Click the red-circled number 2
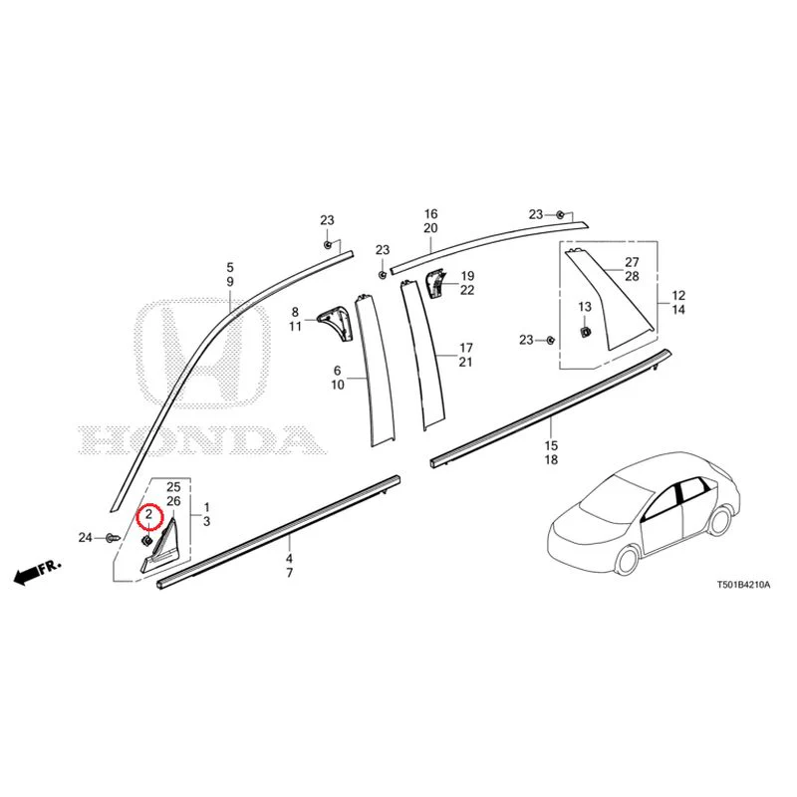click(148, 514)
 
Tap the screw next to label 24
click(113, 537)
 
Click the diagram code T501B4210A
click(743, 585)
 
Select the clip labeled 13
click(586, 333)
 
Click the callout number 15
click(551, 445)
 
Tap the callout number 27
click(632, 262)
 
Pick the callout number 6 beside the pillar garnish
click(338, 371)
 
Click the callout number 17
click(466, 348)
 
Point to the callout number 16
click(431, 214)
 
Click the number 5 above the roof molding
click(230, 267)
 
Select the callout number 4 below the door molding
click(289, 559)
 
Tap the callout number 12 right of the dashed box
click(678, 295)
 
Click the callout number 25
click(173, 487)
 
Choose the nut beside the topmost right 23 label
click(559, 214)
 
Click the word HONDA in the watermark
click(203, 440)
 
